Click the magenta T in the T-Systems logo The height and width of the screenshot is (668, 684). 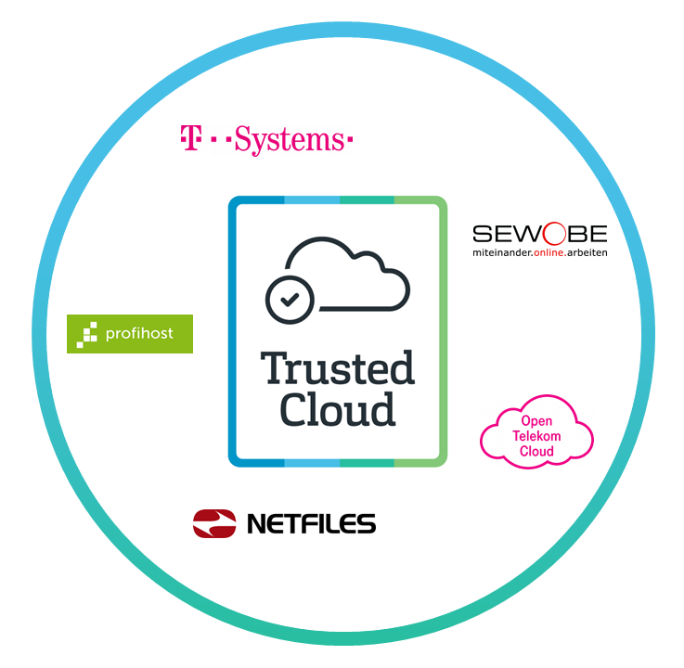pyautogui.click(x=190, y=139)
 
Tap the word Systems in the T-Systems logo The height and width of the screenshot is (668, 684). pyautogui.click(x=288, y=140)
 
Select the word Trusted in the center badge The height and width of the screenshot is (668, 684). pyautogui.click(x=337, y=368)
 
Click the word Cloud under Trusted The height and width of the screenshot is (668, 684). pyautogui.click(x=337, y=409)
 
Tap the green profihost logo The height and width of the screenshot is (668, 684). pyautogui.click(x=130, y=334)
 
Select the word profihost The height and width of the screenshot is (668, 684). pyautogui.click(x=141, y=334)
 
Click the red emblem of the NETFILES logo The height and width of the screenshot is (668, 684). pyautogui.click(x=214, y=523)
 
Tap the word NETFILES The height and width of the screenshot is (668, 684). pyautogui.click(x=311, y=524)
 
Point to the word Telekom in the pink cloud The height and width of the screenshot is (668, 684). pyautogui.click(x=536, y=436)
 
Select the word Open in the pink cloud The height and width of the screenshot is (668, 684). pyautogui.click(x=536, y=421)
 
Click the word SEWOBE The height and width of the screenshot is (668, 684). pyautogui.click(x=539, y=233)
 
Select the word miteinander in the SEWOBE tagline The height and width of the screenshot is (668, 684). pyautogui.click(x=501, y=252)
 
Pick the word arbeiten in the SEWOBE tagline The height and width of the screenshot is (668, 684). pyautogui.click(x=587, y=252)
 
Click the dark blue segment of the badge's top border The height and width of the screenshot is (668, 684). pyautogui.click(x=257, y=199)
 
